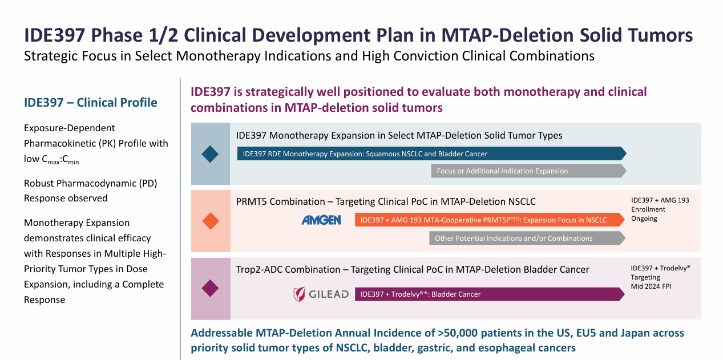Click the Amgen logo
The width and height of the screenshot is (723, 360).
[x=321, y=220]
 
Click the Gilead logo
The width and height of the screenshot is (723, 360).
[x=320, y=294]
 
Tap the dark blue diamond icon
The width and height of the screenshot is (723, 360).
[x=211, y=154]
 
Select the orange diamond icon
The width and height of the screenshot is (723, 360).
[x=211, y=221]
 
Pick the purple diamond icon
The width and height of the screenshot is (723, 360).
[x=211, y=288]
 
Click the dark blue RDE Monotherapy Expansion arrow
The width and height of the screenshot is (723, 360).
[x=431, y=153]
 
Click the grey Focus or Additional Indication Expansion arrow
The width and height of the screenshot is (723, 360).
[x=528, y=171]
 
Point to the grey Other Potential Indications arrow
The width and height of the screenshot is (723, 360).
[x=527, y=238]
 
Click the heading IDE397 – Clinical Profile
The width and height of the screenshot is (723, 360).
[x=91, y=103]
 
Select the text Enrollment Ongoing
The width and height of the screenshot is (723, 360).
[x=648, y=214]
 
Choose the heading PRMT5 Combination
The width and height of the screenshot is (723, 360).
[x=280, y=201]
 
